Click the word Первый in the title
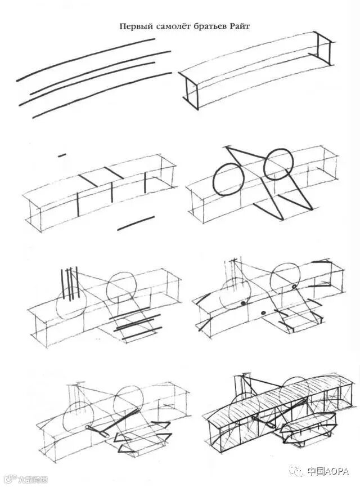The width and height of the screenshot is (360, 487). click(x=136, y=26)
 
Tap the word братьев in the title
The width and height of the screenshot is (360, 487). click(x=209, y=26)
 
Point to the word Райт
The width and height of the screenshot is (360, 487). click(x=238, y=26)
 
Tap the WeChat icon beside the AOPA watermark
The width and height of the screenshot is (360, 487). click(x=297, y=471)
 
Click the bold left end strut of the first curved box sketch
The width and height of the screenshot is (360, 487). click(x=191, y=93)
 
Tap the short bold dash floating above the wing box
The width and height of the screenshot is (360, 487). click(x=62, y=154)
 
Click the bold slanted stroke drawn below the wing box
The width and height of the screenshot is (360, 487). click(x=136, y=223)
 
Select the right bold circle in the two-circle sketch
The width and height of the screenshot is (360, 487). click(x=278, y=164)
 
